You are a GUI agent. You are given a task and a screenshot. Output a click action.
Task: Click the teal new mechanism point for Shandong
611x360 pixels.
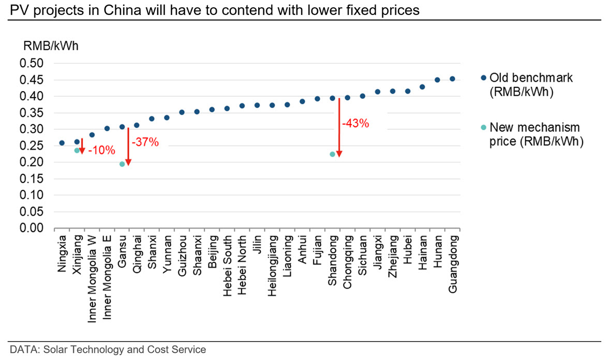tap(332, 154)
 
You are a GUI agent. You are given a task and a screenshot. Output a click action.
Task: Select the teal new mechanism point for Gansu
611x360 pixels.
tap(122, 164)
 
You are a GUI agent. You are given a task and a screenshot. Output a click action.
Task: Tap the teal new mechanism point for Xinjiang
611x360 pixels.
tap(77, 150)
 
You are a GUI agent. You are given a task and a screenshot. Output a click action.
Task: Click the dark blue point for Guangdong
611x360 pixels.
tap(452, 79)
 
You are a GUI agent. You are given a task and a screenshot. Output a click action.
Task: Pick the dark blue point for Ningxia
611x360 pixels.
tap(62, 143)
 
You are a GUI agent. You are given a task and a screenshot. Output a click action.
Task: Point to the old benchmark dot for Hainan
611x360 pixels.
tap(422, 87)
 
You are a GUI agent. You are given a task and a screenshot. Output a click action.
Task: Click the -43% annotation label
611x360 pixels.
tap(355, 124)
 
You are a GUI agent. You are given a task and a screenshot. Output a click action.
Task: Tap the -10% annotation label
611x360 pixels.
tap(101, 151)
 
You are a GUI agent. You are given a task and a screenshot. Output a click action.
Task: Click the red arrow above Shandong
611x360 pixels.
tap(339, 127)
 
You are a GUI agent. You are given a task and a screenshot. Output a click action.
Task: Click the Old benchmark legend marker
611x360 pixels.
tap(483, 78)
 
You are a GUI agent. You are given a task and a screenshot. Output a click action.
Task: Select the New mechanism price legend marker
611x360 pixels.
tap(483, 127)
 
